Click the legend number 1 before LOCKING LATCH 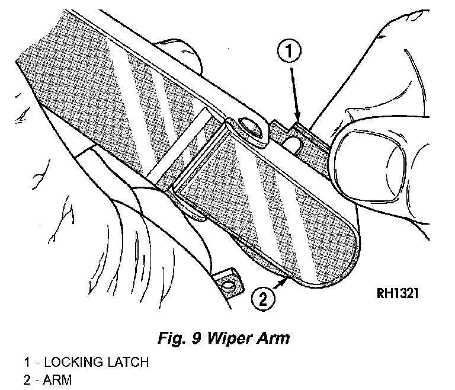27,362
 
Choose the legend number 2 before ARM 27,379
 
